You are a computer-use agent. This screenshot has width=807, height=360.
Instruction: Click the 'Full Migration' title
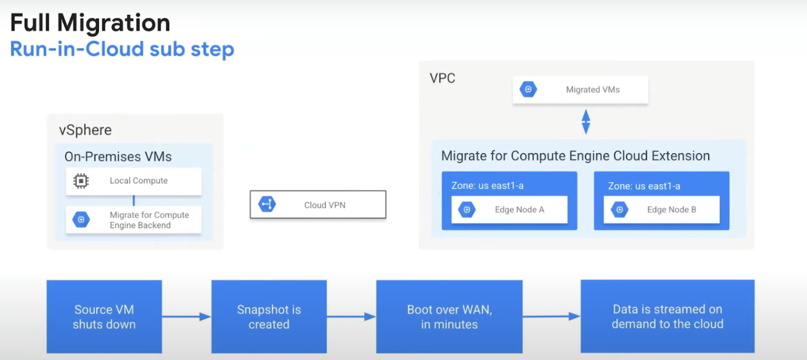click(x=90, y=23)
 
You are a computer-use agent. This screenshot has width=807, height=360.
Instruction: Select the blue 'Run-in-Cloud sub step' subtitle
click(x=122, y=49)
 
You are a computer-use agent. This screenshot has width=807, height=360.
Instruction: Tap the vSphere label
click(x=85, y=130)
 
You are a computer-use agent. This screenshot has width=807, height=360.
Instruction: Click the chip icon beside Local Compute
click(x=81, y=181)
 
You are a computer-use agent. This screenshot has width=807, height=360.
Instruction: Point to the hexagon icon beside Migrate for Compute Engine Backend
click(x=81, y=220)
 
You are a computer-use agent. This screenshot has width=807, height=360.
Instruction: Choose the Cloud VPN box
click(x=318, y=204)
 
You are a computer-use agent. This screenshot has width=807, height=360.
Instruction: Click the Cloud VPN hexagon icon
click(x=267, y=204)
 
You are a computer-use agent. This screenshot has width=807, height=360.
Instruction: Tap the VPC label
click(x=442, y=78)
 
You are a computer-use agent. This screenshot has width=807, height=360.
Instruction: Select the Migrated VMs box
click(x=581, y=90)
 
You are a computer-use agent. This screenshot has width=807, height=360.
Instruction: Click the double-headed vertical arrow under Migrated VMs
click(x=586, y=122)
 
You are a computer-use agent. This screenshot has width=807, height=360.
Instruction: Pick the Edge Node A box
click(x=509, y=209)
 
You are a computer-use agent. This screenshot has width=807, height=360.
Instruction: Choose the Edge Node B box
click(x=661, y=209)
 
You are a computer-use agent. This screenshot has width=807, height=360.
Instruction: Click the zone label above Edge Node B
click(x=644, y=186)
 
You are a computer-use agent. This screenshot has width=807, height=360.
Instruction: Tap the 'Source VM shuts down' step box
click(x=104, y=316)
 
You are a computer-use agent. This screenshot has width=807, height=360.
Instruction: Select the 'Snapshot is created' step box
click(x=269, y=316)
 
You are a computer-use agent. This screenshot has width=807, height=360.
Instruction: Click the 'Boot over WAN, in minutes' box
click(x=449, y=316)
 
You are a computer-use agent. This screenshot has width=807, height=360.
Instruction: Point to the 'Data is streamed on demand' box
click(x=667, y=316)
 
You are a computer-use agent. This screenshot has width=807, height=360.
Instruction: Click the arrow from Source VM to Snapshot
click(x=186, y=316)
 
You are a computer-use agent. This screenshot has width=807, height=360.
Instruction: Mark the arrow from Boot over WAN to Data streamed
click(x=552, y=316)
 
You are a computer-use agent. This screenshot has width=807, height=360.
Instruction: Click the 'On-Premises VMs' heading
click(x=118, y=157)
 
